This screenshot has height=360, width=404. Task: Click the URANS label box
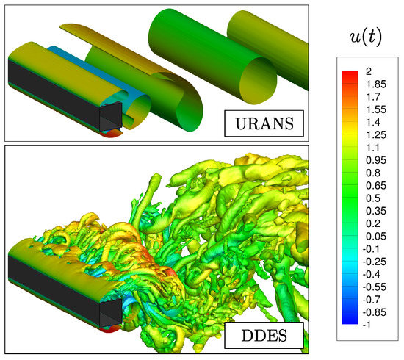coord(264,123)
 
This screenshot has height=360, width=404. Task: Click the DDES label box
coord(264,335)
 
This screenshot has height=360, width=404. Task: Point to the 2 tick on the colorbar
coord(369,71)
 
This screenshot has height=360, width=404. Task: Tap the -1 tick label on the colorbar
coord(367,325)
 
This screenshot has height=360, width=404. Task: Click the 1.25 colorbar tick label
coord(376,134)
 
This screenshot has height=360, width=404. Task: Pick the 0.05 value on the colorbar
coord(376,237)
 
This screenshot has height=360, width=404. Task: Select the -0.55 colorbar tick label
coord(375,287)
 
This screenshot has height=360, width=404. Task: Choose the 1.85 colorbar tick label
coord(376,84)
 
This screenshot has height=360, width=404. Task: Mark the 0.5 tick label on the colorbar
coord(373,198)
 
